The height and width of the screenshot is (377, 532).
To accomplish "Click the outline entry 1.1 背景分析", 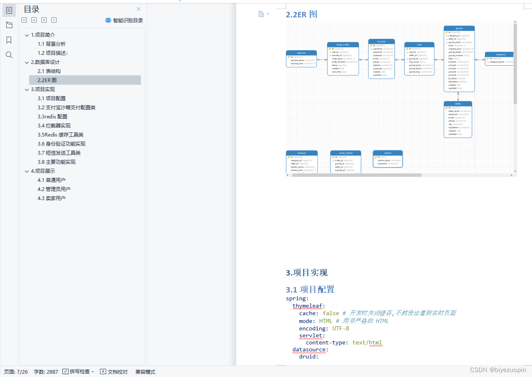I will coord(52,44).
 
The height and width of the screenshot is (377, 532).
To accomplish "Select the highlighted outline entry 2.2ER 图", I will coord(47,80).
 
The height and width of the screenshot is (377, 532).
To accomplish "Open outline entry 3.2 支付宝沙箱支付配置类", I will coord(66,108).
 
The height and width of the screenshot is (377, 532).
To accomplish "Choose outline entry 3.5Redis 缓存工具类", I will coord(61,135).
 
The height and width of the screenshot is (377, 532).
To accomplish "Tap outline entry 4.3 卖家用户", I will coord(52,198).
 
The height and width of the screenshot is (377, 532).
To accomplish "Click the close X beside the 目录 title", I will coord(138,9).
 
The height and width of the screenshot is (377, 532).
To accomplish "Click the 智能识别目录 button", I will coord(124,20).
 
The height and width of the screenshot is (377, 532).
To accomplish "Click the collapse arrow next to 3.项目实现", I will coord(27,90).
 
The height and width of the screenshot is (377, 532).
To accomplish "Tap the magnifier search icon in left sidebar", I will coord(9,55).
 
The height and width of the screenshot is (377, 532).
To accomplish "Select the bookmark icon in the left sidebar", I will coord(9,40).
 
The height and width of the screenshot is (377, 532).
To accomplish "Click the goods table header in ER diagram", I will coord(459,28).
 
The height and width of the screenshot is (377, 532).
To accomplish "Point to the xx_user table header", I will coord(381,42).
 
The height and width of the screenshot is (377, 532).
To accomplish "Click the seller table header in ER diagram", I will coord(458,104).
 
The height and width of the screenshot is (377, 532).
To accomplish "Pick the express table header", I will coord(301,53).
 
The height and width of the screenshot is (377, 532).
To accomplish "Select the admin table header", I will coord(387,153).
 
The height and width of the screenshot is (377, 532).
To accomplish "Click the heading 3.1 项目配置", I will coord(310,290).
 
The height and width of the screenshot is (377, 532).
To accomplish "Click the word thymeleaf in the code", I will coord(308,306).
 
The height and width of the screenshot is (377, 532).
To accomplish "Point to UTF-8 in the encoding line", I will coord(341,329).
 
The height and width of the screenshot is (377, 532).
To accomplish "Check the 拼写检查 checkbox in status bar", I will coord(66,372).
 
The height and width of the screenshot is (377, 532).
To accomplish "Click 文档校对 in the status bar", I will coord(114,372).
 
